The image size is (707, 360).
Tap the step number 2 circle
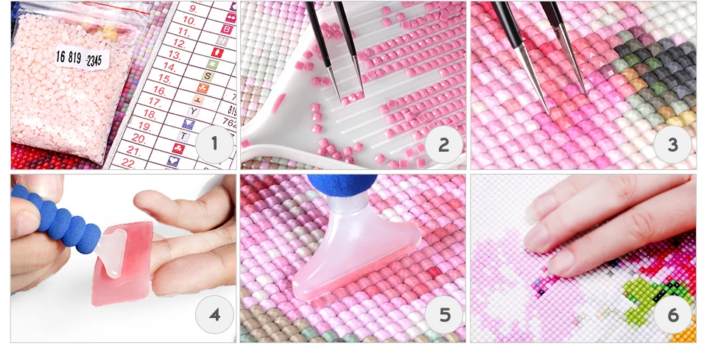443,144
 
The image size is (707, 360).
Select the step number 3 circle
672,144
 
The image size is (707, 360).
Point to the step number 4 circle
214,316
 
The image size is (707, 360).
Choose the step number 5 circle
443,316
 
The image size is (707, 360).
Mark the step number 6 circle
672,316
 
